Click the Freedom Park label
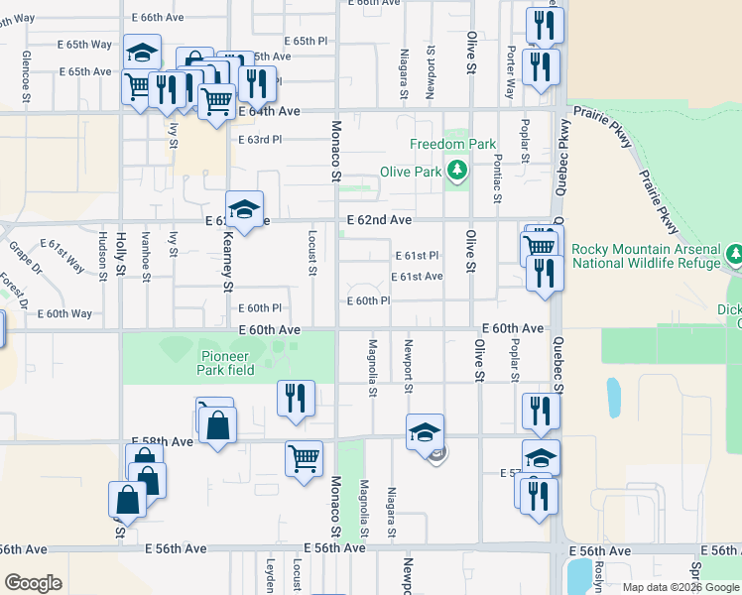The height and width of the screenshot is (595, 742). [x=452, y=144]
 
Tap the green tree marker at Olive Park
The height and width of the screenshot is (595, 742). [x=456, y=172]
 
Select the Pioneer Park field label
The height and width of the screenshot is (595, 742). [x=226, y=363]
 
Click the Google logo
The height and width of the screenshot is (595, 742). [x=33, y=583]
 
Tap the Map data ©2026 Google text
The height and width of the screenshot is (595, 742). [x=680, y=587]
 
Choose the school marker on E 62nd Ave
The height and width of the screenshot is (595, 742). [x=244, y=209]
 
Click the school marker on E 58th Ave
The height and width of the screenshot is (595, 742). [x=425, y=431]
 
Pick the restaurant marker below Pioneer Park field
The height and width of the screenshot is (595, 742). [x=296, y=398]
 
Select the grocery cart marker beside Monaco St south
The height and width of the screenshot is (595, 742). [x=304, y=458]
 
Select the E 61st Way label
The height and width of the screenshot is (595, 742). [x=62, y=255]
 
